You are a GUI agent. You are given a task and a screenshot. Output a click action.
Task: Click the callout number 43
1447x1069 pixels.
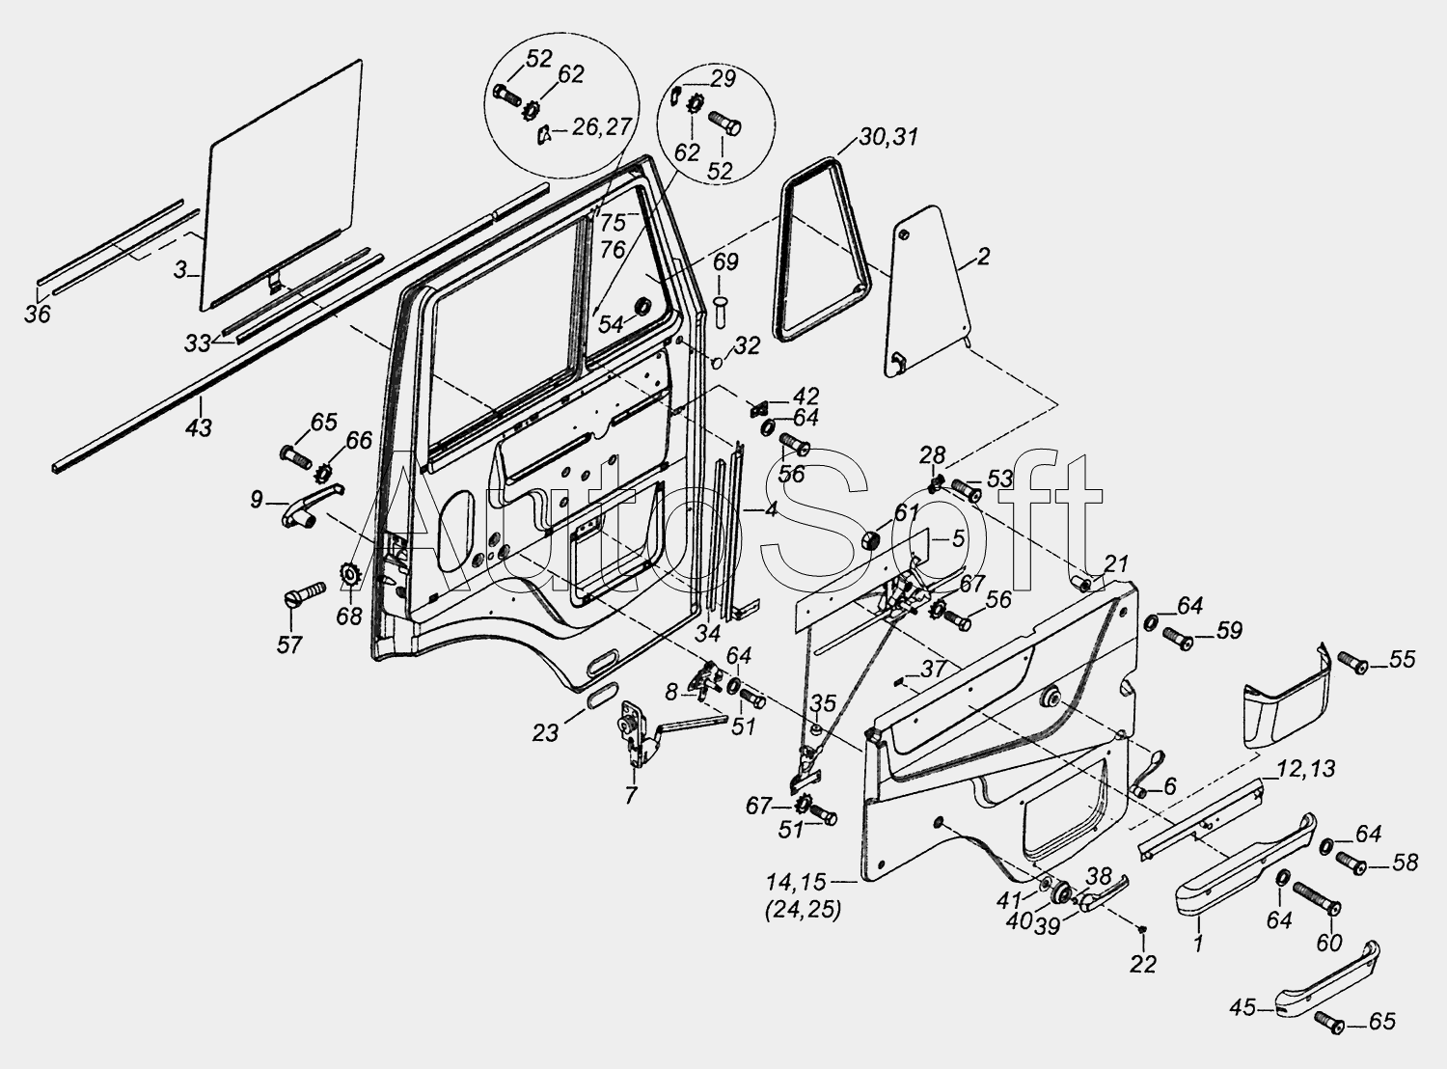199,428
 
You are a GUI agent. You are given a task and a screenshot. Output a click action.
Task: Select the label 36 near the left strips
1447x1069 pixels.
38,314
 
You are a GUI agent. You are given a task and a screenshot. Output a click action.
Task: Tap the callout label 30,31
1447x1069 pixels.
888,137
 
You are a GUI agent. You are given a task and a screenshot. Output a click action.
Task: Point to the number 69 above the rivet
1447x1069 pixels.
724,261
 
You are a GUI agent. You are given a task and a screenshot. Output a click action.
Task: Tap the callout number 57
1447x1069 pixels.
289,644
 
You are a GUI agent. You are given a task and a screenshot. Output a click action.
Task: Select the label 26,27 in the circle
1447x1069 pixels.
601,126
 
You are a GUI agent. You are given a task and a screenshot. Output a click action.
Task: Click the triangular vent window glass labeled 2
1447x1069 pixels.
926,292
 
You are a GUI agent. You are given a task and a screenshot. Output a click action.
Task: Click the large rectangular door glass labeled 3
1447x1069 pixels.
281,186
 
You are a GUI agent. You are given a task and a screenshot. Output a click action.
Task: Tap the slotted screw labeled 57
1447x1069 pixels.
306,593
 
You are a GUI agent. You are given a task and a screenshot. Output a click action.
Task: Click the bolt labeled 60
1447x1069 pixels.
1317,899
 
